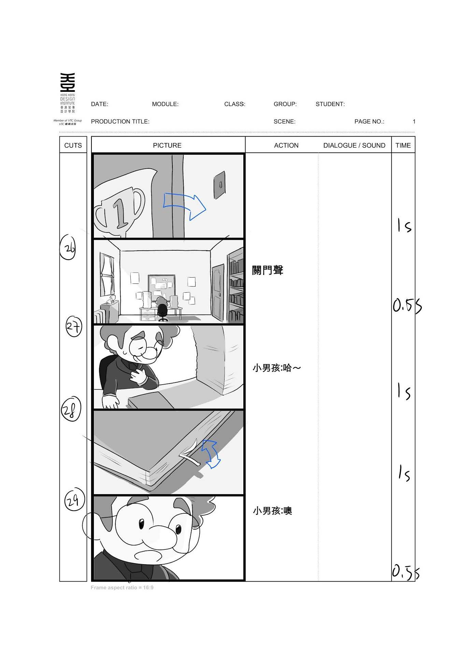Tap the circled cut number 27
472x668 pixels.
coord(74,327)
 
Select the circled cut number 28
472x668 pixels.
coord(71,409)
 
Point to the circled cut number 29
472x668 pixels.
coord(74,499)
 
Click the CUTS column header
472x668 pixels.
coord(73,145)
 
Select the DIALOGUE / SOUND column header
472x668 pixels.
coord(354,145)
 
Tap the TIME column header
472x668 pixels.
coord(403,145)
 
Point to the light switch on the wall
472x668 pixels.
coord(219,185)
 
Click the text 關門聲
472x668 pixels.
coord(268,270)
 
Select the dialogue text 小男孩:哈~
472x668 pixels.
coord(277,368)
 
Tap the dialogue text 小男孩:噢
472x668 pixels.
coord(272,511)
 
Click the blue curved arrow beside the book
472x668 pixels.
coord(211,454)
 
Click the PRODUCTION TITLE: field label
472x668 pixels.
coord(120,122)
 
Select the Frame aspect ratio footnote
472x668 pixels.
coord(122,587)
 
